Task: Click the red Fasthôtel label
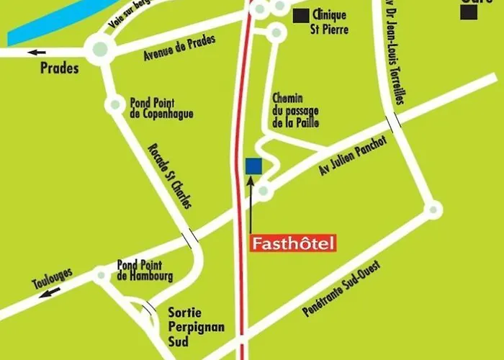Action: tap(293, 244)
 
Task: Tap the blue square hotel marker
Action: tap(253, 166)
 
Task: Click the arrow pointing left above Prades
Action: tap(36, 52)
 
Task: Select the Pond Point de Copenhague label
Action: tap(162, 109)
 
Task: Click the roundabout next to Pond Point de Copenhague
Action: tap(114, 105)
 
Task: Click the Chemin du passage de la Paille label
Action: tap(295, 110)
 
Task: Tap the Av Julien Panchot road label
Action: tap(353, 157)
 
